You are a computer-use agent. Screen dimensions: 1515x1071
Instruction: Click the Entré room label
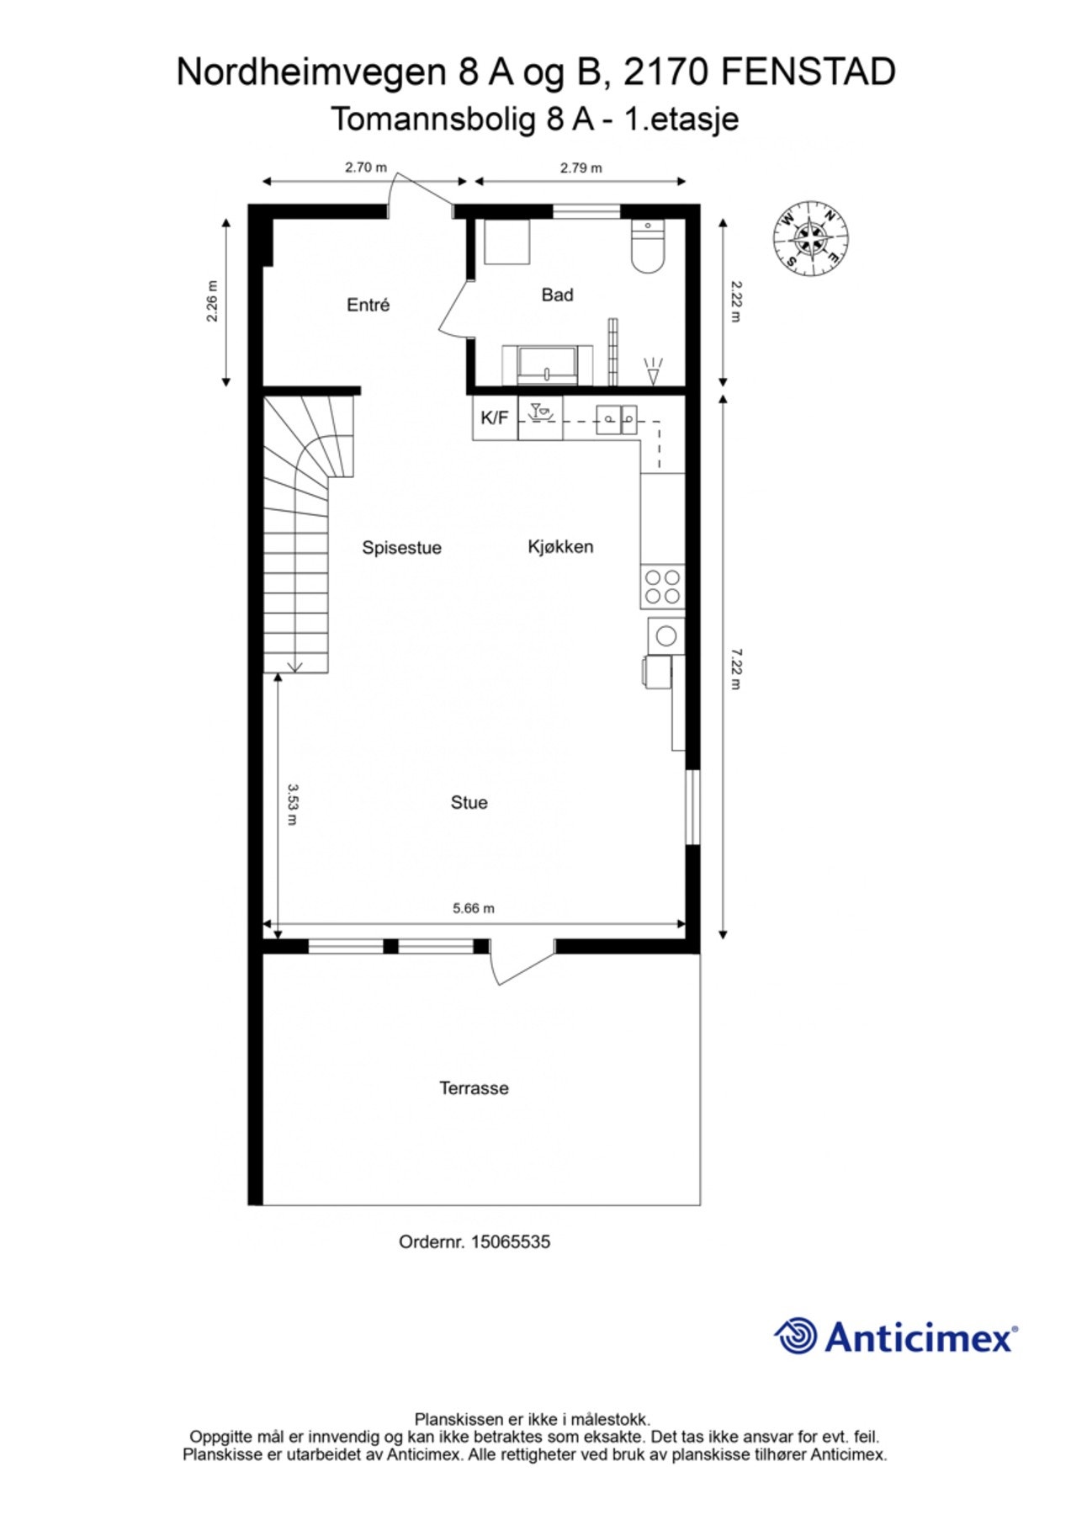coord(368,305)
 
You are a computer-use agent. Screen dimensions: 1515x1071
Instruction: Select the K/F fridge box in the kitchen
coord(494,417)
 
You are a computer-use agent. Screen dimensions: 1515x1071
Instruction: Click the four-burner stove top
coord(661,587)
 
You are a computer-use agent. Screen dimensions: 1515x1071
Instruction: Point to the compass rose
coord(810,238)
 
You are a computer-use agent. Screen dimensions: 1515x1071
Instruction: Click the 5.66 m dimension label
coord(474,908)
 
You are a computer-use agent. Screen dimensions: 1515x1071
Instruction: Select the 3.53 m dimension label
coord(292,804)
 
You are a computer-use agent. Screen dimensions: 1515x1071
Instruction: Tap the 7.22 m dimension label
coord(735,668)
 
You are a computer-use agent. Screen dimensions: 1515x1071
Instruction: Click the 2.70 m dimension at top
coord(365,167)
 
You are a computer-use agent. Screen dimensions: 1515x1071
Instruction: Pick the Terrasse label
coord(474,1088)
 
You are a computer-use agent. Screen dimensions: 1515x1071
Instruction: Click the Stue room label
coord(469,803)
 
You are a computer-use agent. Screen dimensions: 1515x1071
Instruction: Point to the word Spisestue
coord(401,548)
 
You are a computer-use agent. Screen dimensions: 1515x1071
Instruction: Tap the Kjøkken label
coord(560,547)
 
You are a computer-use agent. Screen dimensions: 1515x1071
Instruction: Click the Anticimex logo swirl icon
coord(795,1336)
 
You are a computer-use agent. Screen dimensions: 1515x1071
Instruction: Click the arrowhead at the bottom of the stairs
coord(294,667)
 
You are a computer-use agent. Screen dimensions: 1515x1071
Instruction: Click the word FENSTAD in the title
coord(808,72)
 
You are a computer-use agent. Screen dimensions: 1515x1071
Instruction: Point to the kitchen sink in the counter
coord(616,417)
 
